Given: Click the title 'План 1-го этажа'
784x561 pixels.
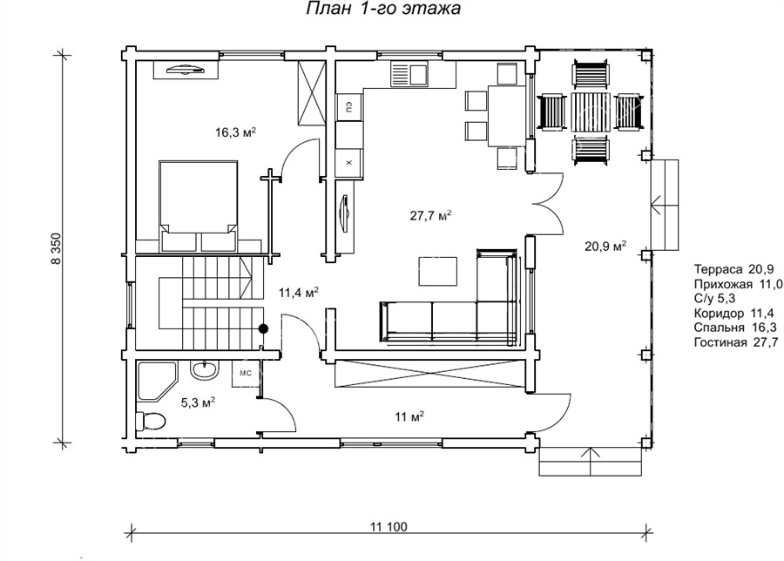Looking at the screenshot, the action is (x=383, y=9).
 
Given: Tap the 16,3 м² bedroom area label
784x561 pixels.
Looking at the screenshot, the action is (x=236, y=132).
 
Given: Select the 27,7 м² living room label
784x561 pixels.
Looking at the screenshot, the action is (x=431, y=215).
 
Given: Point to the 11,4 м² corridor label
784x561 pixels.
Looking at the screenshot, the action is (x=299, y=293).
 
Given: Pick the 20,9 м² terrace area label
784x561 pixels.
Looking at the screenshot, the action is (x=605, y=246).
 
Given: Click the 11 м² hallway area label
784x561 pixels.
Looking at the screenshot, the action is (x=410, y=416).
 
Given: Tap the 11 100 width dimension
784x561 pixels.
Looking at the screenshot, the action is (x=389, y=526).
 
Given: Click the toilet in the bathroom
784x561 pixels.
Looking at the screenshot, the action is (x=151, y=421).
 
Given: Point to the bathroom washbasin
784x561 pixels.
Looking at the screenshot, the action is (x=204, y=369).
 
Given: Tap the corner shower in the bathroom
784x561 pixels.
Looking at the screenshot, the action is (x=157, y=381).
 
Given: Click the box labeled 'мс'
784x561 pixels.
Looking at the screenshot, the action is (x=246, y=374).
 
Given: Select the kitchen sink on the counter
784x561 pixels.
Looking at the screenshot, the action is (x=409, y=75).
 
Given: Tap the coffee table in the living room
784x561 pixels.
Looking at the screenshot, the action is (x=437, y=271).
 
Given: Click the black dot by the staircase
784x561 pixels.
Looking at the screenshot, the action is (x=263, y=328).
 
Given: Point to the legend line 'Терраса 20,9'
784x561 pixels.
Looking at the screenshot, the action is (x=734, y=269).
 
